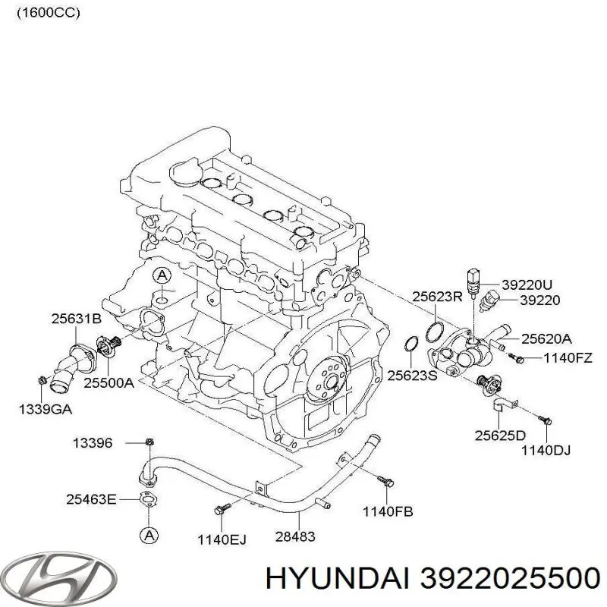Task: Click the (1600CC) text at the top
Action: (48, 13)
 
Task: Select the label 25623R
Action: (437, 297)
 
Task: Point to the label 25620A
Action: (546, 340)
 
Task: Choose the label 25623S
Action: (413, 374)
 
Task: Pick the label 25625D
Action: (500, 436)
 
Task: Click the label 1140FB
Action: (387, 511)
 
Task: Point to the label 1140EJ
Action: (222, 539)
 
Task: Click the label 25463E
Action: (92, 498)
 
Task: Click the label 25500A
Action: (109, 383)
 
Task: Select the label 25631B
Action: (76, 319)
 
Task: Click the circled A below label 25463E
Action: (149, 535)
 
